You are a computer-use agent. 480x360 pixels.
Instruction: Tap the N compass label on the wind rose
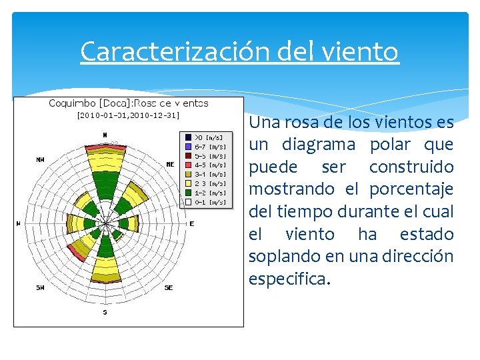[105, 135]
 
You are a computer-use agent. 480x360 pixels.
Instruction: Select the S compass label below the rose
[105, 312]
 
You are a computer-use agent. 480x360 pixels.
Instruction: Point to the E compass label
[191, 224]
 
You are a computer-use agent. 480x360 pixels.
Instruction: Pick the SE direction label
[168, 288]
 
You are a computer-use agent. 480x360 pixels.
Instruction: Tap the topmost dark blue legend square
[189, 137]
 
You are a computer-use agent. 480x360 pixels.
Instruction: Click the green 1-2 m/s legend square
[189, 193]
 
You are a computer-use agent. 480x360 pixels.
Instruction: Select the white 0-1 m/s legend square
[189, 202]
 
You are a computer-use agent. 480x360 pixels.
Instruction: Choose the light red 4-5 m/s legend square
[189, 165]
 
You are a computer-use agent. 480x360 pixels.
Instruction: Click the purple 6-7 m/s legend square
[189, 147]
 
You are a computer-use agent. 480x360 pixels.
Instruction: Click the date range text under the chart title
[128, 115]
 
